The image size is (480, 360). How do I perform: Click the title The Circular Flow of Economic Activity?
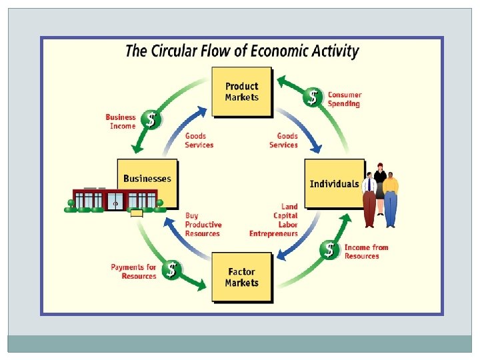coord(242,51)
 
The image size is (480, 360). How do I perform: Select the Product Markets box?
coord(241,91)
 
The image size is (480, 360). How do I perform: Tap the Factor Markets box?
coord(241,277)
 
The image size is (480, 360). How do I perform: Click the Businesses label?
coord(147,179)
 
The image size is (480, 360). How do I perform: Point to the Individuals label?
coord(334,183)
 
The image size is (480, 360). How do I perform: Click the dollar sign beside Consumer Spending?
coord(311,98)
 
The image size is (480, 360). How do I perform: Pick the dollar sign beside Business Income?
coord(152,120)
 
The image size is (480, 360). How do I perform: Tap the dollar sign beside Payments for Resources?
coord(172,270)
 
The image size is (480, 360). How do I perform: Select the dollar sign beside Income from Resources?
coord(329,250)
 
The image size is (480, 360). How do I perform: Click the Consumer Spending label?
coord(344,99)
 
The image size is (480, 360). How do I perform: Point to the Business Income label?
coord(121,121)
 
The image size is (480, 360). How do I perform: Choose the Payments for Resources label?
coord(133,271)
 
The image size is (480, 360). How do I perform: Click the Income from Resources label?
coord(366,251)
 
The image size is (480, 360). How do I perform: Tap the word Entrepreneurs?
coord(273,234)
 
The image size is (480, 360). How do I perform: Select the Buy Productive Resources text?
coord(203,225)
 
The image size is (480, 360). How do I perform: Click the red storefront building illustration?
coord(115,199)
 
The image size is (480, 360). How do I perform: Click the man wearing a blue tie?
coord(369,197)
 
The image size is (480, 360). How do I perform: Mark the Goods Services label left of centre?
coord(199,141)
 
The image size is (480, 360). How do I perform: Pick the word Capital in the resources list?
coord(285,216)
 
